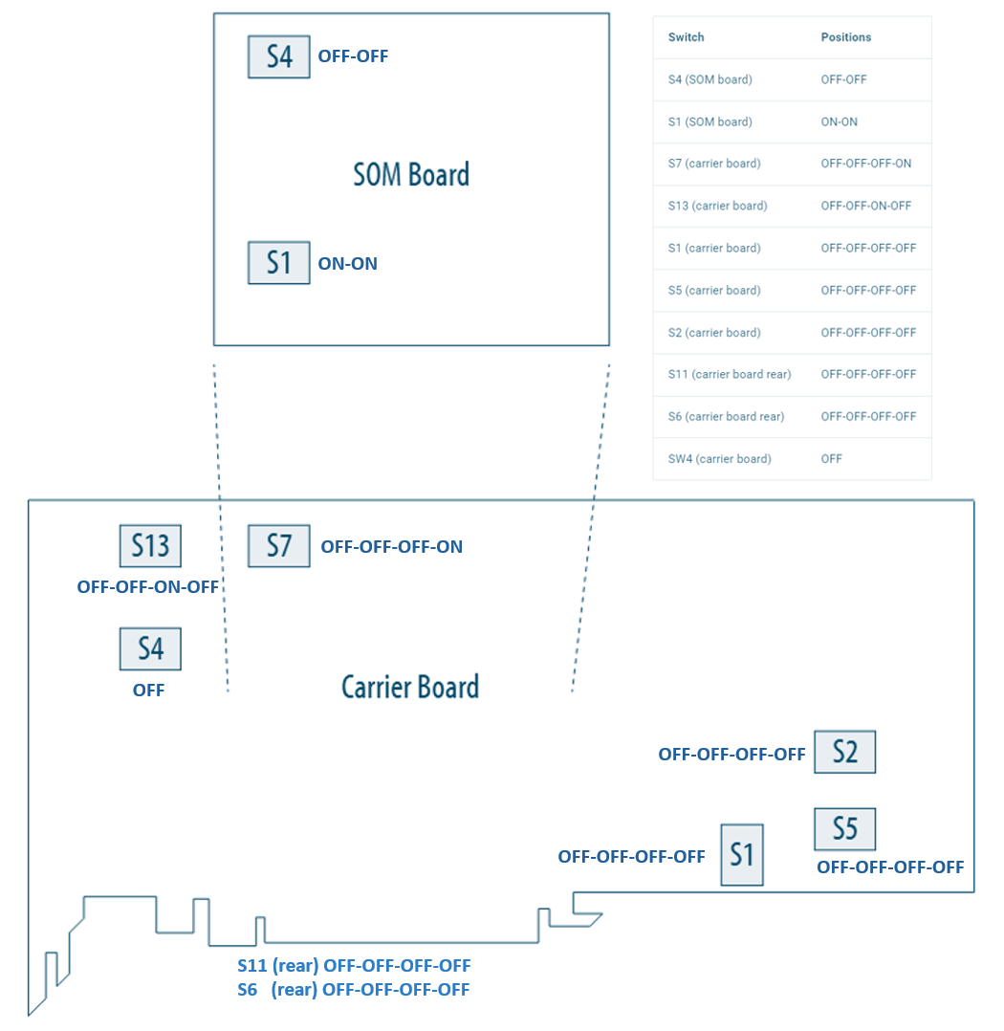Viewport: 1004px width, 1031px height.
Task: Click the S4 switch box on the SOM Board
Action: (278, 57)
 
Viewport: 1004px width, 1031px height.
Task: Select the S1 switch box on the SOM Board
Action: (278, 263)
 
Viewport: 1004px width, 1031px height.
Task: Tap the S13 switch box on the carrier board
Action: (150, 546)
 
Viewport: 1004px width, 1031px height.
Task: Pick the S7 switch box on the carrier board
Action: (278, 546)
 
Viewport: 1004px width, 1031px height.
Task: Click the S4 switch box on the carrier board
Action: (150, 648)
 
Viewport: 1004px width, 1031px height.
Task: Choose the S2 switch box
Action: (844, 752)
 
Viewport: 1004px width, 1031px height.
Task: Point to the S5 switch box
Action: (844, 829)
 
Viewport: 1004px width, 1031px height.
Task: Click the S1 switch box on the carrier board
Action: (742, 854)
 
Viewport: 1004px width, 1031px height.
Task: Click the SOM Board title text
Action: (411, 175)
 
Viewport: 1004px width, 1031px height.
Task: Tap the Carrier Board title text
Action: (410, 687)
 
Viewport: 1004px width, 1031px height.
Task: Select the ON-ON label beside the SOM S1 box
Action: (347, 264)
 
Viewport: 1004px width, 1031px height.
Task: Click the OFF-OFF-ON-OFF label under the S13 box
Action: (148, 587)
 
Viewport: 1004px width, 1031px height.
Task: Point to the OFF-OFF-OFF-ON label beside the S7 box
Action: (391, 547)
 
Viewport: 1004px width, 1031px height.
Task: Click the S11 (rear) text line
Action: (354, 966)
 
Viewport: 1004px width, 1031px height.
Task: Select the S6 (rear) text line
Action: (354, 990)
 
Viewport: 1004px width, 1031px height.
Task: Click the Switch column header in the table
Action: (686, 37)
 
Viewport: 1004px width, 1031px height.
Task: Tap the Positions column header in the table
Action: (846, 37)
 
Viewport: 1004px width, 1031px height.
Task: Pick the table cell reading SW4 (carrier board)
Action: (719, 459)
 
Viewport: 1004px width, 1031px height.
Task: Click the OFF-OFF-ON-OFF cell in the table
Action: (865, 206)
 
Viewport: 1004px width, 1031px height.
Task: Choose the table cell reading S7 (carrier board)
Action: (714, 164)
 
